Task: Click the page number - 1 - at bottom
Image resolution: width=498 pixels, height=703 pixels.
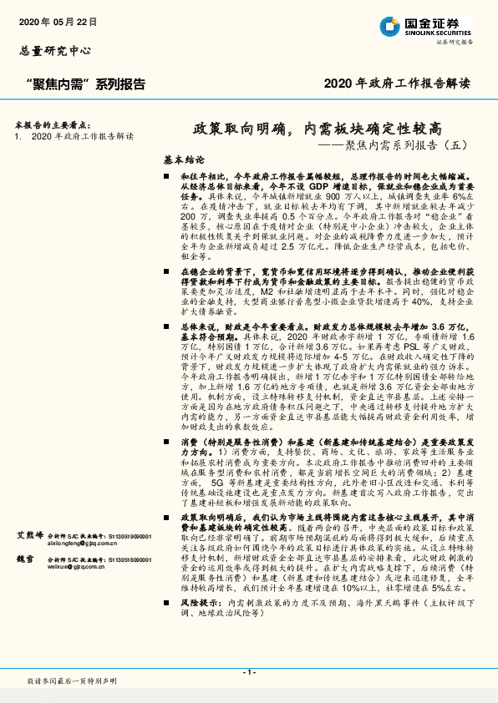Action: [248, 672]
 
